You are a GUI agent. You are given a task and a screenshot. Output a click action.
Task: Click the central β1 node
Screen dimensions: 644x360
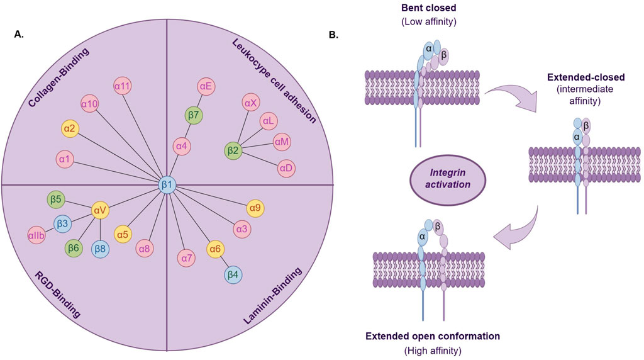coord(167,185)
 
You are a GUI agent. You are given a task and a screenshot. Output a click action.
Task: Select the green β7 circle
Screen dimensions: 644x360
coord(194,115)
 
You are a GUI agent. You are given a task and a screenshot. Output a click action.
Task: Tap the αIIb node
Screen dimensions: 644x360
coord(37,235)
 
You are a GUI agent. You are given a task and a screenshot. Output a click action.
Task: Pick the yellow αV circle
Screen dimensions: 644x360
coord(100,210)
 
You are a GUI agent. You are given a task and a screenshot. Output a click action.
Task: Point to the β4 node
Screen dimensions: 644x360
coord(233,274)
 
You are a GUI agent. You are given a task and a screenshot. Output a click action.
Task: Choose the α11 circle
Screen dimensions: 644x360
coord(123,86)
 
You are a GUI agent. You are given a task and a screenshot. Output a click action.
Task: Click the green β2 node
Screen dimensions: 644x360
coord(233,150)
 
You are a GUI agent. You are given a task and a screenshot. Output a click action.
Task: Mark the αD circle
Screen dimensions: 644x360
coord(286,168)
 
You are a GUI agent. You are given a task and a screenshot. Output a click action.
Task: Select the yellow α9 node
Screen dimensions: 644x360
coord(255,208)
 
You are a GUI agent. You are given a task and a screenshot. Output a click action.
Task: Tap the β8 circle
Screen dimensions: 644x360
coord(100,249)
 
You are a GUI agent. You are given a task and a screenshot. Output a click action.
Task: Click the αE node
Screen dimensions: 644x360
coord(206,86)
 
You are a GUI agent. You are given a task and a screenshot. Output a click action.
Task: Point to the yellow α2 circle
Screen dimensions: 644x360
coord(70,128)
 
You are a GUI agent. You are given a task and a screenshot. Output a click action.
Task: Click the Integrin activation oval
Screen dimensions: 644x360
coord(448,179)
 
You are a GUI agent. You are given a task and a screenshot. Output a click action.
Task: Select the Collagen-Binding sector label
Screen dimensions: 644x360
coord(58,77)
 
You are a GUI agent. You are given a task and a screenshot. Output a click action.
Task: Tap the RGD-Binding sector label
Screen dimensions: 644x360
coord(57,295)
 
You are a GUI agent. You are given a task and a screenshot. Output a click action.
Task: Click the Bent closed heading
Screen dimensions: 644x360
coord(429,8)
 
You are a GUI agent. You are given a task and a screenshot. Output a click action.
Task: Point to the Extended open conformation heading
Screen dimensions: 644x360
coord(433,336)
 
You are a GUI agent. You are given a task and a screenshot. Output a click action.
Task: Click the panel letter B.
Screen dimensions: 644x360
coord(334,35)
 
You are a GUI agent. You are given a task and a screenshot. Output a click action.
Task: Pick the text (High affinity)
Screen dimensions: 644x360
coord(433,351)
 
